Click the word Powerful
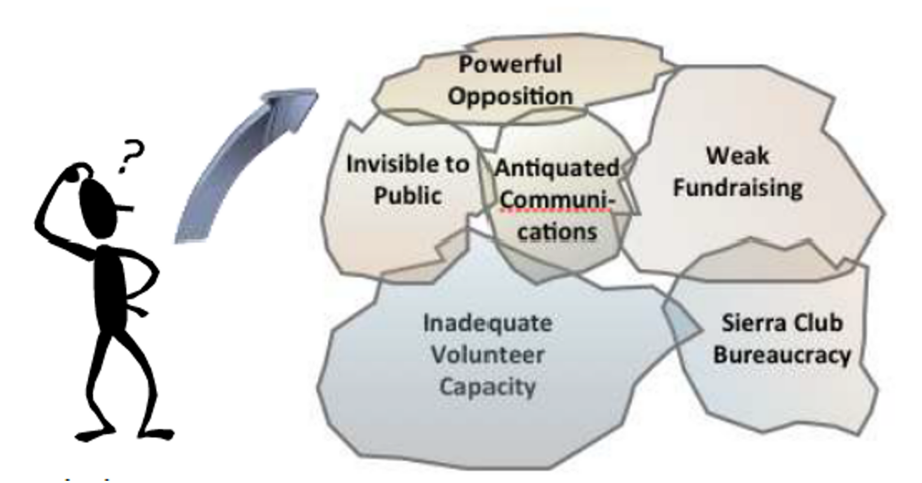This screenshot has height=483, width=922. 510,64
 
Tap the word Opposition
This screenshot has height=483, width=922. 510,96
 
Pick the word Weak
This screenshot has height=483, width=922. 737,156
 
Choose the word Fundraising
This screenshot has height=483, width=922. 738,189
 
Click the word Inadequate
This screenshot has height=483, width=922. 487,324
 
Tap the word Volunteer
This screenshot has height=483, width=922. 488,355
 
